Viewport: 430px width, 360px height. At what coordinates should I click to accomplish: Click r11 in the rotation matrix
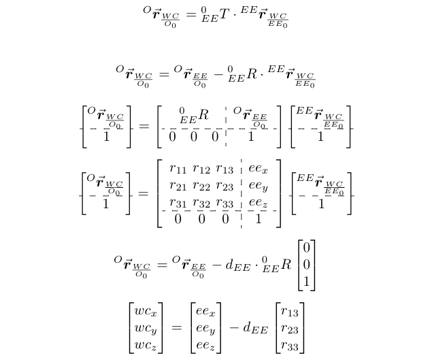(178, 169)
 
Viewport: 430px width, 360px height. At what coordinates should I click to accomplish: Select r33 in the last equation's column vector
(291, 346)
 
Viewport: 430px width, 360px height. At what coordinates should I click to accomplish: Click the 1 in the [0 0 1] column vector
(307, 280)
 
